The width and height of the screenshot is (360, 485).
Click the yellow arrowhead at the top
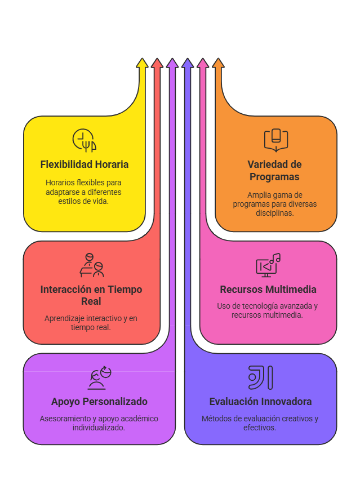tap(142, 63)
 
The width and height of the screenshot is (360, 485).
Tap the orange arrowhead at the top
tap(218, 63)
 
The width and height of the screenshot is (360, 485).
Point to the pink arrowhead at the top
tap(203, 63)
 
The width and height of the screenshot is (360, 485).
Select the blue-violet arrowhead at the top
tap(188, 63)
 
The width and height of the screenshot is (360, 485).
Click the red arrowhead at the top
tap(157, 63)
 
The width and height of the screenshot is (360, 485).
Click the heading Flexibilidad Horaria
tap(85, 164)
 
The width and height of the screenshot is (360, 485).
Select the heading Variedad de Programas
tap(274, 170)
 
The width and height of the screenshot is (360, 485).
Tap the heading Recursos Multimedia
tap(268, 290)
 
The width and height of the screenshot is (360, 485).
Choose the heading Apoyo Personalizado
tap(99, 402)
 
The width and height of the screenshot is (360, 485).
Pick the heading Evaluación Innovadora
tap(260, 402)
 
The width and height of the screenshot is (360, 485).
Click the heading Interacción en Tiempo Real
tap(91, 295)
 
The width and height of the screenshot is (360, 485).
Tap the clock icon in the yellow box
tap(84, 140)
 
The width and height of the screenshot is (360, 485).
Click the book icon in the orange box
tap(275, 140)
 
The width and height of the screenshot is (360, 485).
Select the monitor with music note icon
tap(268, 265)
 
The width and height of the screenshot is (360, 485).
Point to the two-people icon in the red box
tap(92, 265)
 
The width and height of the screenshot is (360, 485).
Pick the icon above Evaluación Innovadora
tap(260, 377)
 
